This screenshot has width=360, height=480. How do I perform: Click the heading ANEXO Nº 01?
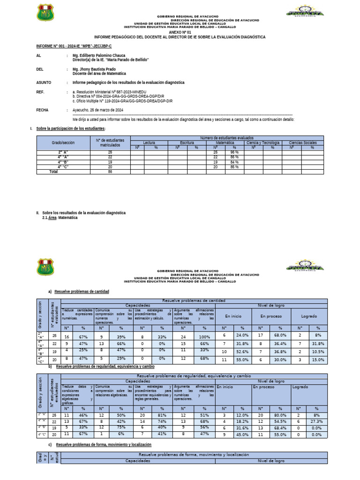(180, 32)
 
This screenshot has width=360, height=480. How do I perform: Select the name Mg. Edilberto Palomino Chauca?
(99, 55)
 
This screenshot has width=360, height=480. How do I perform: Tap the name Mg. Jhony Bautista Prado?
(94, 69)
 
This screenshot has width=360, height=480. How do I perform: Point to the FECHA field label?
(43, 110)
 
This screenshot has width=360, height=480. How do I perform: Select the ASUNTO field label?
(44, 82)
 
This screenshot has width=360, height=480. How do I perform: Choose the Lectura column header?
(149, 142)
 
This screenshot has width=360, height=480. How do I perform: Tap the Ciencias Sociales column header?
(302, 142)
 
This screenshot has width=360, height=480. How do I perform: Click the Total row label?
(53, 172)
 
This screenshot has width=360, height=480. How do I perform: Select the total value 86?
(110, 172)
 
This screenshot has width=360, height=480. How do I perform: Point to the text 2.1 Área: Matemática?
(60, 217)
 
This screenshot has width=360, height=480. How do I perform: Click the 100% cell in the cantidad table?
(204, 336)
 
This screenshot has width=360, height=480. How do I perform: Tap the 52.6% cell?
(243, 352)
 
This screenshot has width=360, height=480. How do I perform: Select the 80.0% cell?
(280, 415)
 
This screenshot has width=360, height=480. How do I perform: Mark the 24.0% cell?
(243, 336)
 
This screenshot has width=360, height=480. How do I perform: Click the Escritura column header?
(187, 142)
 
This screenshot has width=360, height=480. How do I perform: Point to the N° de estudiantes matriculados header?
(110, 142)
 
